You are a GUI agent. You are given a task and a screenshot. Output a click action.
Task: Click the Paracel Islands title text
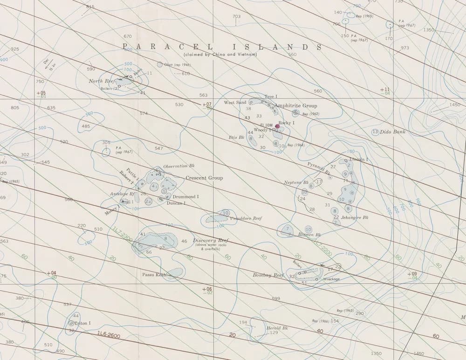coord(222,47)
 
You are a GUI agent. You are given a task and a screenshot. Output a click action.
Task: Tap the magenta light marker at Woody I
coord(277,126)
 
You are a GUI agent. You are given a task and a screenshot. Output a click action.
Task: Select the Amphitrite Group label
coord(296,106)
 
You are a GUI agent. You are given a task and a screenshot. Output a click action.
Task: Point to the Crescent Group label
coord(204,178)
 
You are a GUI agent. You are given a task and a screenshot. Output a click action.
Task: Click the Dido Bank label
coord(393,132)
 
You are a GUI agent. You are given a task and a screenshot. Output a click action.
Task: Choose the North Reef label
coord(102,81)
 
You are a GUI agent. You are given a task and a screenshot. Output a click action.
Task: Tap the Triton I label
coord(82,323)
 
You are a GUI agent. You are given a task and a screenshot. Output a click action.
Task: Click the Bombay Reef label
coord(268,275)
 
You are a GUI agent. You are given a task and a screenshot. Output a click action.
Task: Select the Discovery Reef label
coord(211,241)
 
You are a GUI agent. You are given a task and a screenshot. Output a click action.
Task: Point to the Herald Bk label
coord(277,328)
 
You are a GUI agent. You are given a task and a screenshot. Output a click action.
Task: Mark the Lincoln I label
coord(359,159)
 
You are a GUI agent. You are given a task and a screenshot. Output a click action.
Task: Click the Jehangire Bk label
coord(355,218)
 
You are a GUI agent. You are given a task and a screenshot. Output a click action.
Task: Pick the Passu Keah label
coord(154,275)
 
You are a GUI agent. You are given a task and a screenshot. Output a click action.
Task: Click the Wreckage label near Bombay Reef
coord(331,279)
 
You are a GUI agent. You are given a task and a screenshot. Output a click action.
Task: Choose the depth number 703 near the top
coord(237,17)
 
